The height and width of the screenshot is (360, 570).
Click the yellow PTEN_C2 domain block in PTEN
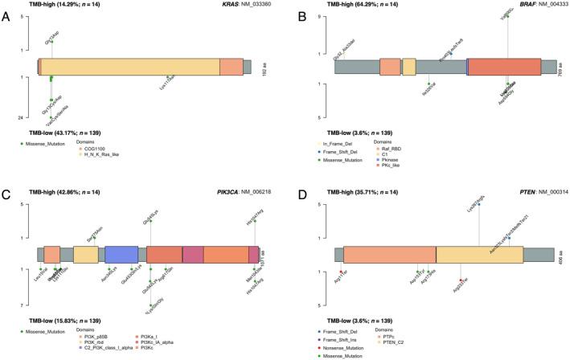tap(488, 255)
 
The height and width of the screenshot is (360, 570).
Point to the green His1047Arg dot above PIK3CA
tap(256, 220)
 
